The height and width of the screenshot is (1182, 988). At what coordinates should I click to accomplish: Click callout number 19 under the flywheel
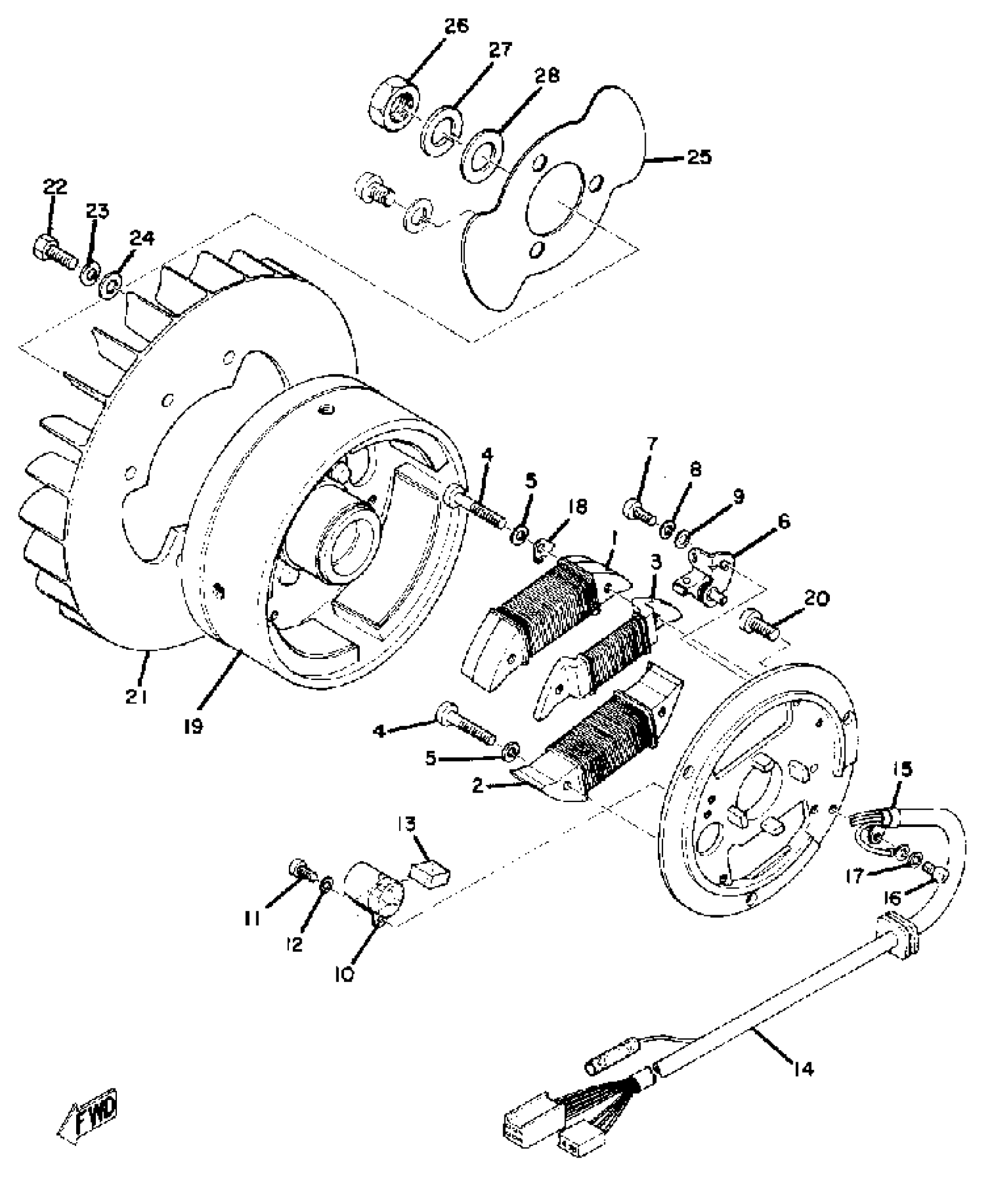point(193,725)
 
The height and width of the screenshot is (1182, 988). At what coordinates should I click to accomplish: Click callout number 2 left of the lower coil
point(478,787)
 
